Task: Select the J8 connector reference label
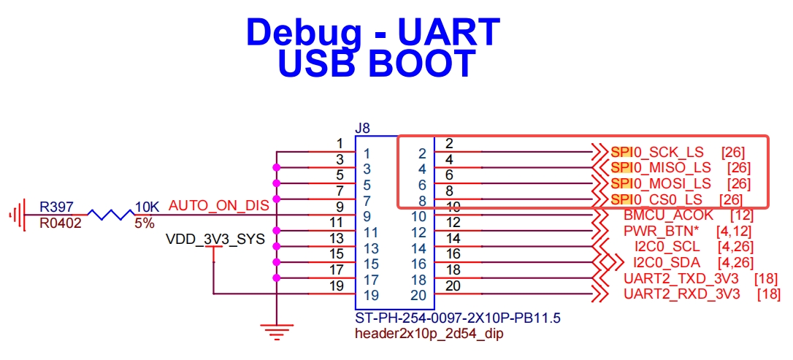[363, 129]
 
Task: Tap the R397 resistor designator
[56, 207]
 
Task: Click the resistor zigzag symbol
[110, 215]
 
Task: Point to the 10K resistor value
[148, 207]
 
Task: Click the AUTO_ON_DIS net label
[219, 207]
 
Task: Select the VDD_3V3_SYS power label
[215, 240]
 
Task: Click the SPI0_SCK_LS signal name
[656, 152]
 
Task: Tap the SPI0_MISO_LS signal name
[661, 167]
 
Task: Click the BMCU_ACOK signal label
[664, 215]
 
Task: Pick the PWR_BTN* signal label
[662, 231]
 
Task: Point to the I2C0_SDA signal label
[667, 263]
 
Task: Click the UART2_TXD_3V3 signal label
[681, 279]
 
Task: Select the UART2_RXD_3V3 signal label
[682, 294]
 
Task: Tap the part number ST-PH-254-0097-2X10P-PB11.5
[458, 319]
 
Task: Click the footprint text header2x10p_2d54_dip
[429, 334]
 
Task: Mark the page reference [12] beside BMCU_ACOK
[742, 215]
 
